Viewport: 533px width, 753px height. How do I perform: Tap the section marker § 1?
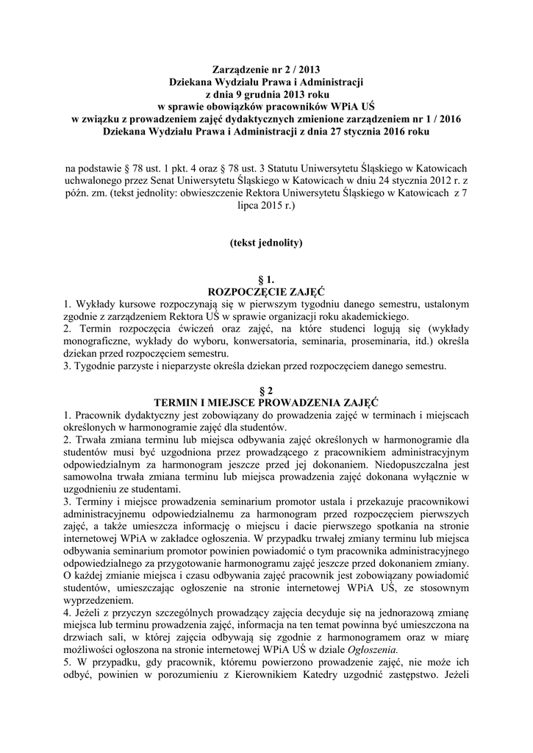point(266,281)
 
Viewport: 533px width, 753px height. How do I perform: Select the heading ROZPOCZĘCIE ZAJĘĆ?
point(266,293)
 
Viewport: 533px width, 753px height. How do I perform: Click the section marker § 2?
point(266,390)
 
